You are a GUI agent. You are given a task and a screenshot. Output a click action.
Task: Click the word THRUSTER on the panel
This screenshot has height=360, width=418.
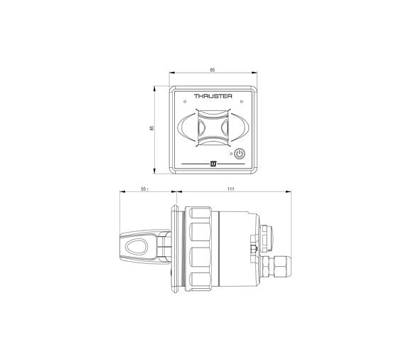pyautogui.click(x=213, y=96)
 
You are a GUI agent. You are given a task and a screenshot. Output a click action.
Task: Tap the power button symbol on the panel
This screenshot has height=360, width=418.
pyautogui.click(x=240, y=154)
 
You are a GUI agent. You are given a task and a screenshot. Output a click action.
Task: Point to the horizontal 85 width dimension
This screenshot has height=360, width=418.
pyautogui.click(x=213, y=70)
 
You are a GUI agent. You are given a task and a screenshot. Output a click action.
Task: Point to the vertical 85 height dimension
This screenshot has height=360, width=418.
pyautogui.click(x=151, y=128)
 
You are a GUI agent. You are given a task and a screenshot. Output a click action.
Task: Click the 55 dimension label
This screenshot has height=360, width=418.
pyautogui.click(x=144, y=190)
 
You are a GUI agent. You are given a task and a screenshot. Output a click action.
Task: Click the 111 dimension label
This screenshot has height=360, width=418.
pyautogui.click(x=231, y=190)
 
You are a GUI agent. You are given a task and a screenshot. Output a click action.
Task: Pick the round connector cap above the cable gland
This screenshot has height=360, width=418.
pyautogui.click(x=269, y=233)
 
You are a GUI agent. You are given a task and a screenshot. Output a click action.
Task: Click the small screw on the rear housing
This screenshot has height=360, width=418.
pyautogui.click(x=252, y=248)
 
